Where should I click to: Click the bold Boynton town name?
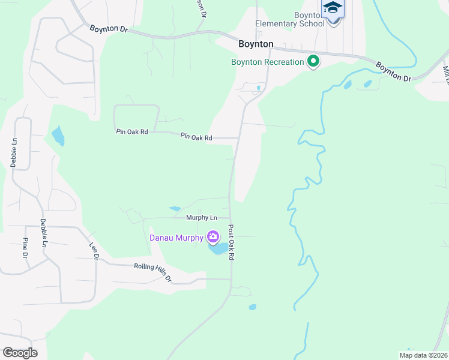tap(256, 44)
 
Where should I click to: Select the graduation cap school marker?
tap(333, 9)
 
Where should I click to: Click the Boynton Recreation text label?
tap(268, 61)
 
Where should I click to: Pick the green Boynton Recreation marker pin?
tap(313, 61)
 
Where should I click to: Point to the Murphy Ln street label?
tap(201, 218)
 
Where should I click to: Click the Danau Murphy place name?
tap(177, 237)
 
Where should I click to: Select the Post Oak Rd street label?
tap(231, 242)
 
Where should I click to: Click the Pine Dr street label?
tap(25, 247)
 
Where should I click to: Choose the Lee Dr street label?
tap(94, 251)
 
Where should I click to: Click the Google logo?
tap(20, 352)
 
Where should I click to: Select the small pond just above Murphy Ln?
tap(175, 209)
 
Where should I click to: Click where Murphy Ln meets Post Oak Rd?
tap(229, 218)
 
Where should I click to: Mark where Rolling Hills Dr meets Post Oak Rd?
tap(231, 279)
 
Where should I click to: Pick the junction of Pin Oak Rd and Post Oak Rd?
tap(238, 138)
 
